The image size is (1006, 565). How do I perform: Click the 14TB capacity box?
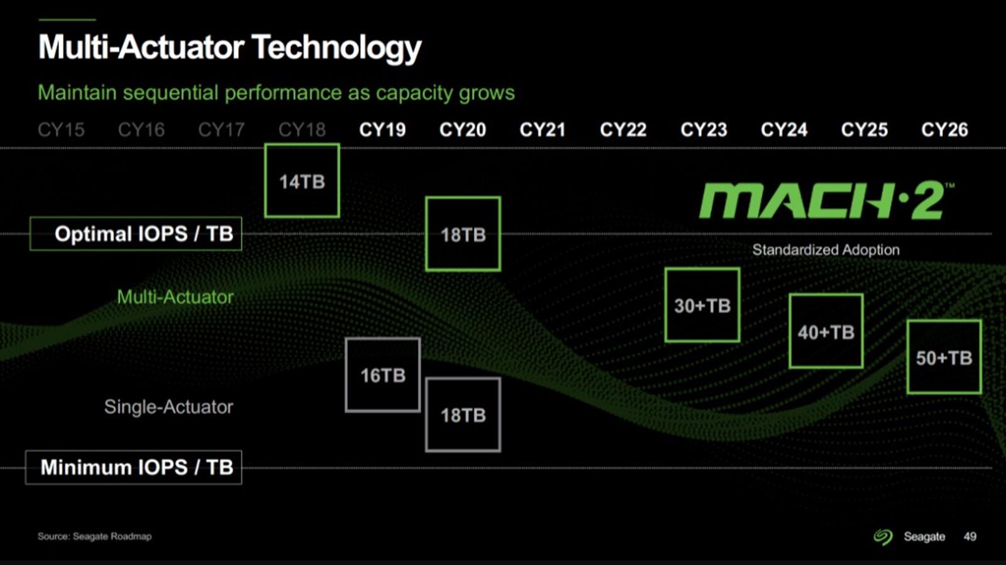(302, 181)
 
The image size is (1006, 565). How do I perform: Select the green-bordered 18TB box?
(463, 234)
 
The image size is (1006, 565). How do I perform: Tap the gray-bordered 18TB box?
(463, 415)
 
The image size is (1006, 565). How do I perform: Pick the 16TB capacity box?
(383, 375)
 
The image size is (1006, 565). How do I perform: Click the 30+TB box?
(702, 305)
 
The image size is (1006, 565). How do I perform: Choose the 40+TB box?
(826, 331)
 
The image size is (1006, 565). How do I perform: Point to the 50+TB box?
(944, 357)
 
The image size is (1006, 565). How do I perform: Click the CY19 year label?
(382, 129)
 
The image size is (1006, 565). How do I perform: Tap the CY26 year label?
(944, 129)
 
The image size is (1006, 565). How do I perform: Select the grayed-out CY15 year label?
(61, 129)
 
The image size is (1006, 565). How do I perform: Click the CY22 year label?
(623, 129)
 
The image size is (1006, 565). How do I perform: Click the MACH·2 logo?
(826, 200)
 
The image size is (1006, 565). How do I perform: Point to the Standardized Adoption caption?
(826, 250)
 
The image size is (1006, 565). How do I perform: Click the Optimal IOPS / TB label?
(136, 234)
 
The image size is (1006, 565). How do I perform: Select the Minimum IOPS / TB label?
(133, 467)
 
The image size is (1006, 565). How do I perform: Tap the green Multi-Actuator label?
(175, 297)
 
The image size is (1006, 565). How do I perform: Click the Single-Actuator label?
(169, 407)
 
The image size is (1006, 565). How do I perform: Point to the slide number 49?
(970, 536)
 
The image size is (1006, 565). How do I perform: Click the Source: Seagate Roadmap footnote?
(95, 536)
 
